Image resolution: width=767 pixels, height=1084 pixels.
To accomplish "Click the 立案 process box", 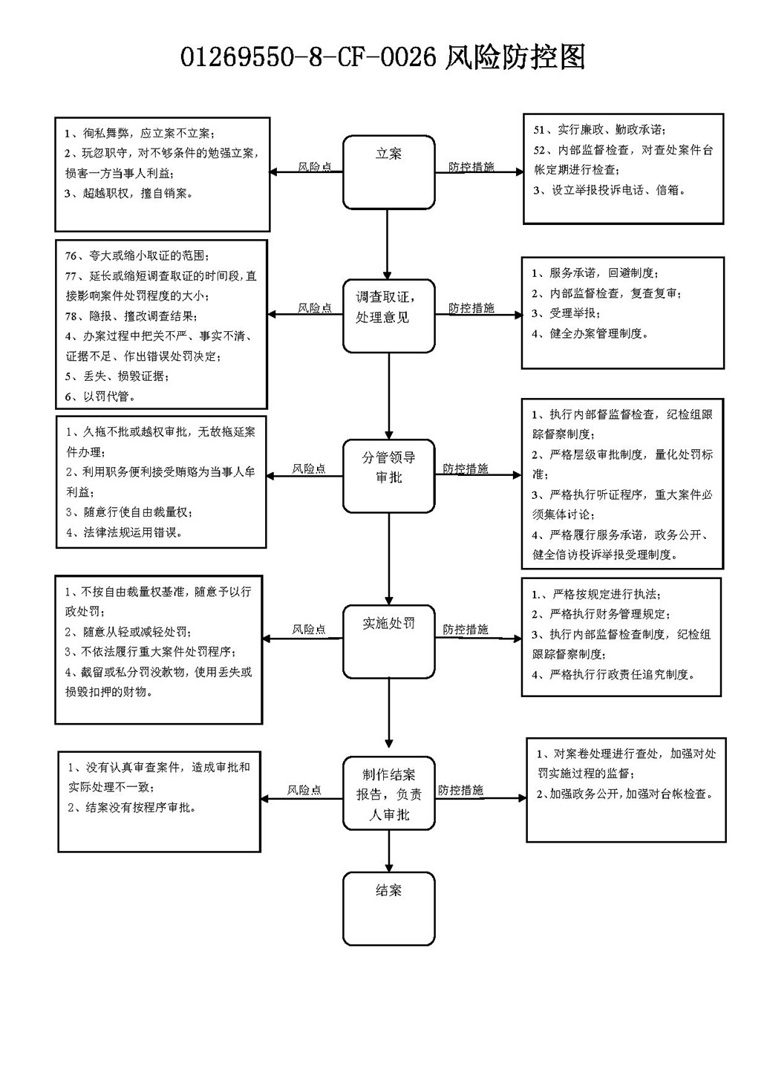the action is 388,172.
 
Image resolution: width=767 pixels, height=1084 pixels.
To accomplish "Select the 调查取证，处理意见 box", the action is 388,316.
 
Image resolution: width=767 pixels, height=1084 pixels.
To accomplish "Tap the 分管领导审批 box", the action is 388,476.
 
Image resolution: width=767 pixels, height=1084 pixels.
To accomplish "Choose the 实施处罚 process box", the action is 388,641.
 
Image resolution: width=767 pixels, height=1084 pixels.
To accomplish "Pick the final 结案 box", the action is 388,909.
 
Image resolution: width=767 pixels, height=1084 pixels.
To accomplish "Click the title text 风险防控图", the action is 515,57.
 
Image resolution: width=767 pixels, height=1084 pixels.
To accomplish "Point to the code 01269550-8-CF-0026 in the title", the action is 308,57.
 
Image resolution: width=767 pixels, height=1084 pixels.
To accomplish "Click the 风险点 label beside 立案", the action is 315,166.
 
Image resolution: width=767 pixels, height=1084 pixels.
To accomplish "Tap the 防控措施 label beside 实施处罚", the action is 465,629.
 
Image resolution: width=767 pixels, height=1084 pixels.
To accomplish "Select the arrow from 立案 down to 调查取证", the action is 387,244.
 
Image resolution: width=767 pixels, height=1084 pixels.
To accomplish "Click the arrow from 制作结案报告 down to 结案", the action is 388,851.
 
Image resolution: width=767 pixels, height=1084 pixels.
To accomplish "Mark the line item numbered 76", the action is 137,255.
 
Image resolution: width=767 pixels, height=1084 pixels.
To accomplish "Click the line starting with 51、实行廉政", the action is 599,130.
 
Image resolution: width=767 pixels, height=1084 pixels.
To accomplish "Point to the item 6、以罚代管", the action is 100,396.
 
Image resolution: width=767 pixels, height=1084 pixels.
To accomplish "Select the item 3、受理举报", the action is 566,313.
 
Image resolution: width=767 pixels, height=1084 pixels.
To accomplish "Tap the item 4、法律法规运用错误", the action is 124,532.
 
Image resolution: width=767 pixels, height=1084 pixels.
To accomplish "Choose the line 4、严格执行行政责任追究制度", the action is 613,674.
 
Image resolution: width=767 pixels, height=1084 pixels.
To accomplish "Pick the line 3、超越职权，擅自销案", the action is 128,194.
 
